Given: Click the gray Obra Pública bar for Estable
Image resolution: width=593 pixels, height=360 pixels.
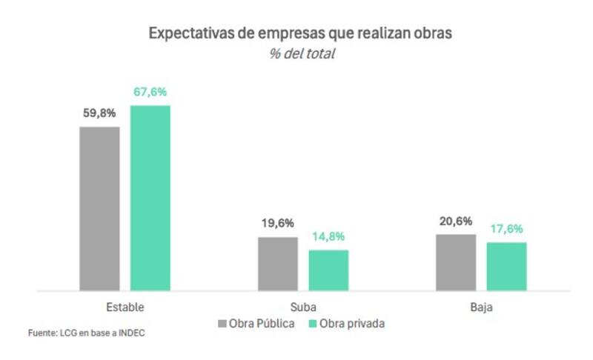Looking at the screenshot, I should pyautogui.click(x=99, y=208).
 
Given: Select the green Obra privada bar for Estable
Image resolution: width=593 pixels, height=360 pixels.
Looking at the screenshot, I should pyautogui.click(x=150, y=198).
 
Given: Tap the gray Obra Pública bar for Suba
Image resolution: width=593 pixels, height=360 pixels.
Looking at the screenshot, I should pyautogui.click(x=278, y=264).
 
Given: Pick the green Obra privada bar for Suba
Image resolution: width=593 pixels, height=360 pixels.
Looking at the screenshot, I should pyautogui.click(x=328, y=270).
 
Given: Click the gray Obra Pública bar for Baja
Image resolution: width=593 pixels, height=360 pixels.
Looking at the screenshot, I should pyautogui.click(x=456, y=262).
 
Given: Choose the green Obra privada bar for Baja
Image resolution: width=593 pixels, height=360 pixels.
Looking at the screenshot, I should pyautogui.click(x=506, y=267).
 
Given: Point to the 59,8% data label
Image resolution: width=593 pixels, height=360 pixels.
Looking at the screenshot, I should pyautogui.click(x=99, y=114).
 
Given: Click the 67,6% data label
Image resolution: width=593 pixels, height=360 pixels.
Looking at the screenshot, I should pyautogui.click(x=150, y=93).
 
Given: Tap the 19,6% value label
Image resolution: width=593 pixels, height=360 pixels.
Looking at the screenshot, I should pyautogui.click(x=278, y=224).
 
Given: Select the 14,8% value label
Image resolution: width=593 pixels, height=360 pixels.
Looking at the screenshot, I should pyautogui.click(x=328, y=237).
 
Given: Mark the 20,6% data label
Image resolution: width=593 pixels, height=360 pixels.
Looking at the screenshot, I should pyautogui.click(x=456, y=221).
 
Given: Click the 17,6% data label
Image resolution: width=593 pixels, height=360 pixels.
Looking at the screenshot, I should pyautogui.click(x=506, y=230).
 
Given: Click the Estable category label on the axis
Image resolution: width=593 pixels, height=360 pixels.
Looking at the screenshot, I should pyautogui.click(x=125, y=307).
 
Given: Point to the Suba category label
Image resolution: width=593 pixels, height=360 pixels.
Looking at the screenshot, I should pyautogui.click(x=303, y=307).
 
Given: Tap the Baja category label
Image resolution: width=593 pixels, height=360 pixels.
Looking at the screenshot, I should pyautogui.click(x=481, y=307).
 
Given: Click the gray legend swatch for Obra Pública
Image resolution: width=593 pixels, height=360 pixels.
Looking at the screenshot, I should pyautogui.click(x=222, y=324).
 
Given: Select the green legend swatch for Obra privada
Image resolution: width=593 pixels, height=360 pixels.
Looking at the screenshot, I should pyautogui.click(x=312, y=324).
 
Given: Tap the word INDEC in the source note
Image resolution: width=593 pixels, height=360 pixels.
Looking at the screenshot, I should pyautogui.click(x=130, y=333).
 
